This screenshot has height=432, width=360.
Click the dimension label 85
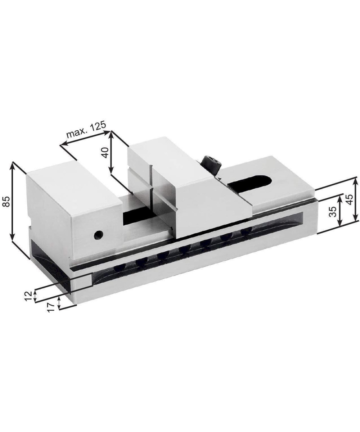pyautogui.click(x=7, y=202)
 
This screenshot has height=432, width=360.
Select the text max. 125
pyautogui.click(x=86, y=130)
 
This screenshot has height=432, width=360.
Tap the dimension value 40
pyautogui.click(x=105, y=153)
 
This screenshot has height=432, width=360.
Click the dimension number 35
pyautogui.click(x=333, y=211)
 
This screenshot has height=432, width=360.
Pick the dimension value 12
pyautogui.click(x=28, y=296)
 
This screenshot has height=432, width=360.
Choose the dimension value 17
pyautogui.click(x=51, y=307)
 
